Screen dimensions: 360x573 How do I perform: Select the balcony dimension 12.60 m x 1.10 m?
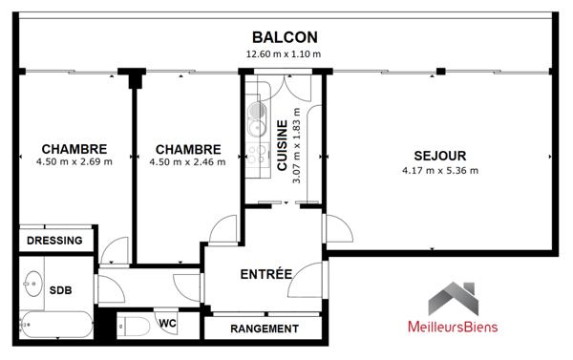pos(284,53)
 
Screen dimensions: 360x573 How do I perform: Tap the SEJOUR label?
pos(439,156)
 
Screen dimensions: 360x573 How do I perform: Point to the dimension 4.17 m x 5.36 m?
pos(439,171)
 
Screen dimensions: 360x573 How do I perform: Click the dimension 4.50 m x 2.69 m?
pos(74,162)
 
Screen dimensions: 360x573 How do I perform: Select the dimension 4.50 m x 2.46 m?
pos(187,162)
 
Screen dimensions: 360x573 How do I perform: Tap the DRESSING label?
pos(54,241)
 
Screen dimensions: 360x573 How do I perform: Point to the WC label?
pos(167,324)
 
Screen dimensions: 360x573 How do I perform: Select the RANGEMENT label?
pos(265,328)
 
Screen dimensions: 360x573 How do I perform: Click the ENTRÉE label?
pos(265,274)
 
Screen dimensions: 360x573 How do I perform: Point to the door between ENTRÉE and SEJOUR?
pos(327,229)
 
